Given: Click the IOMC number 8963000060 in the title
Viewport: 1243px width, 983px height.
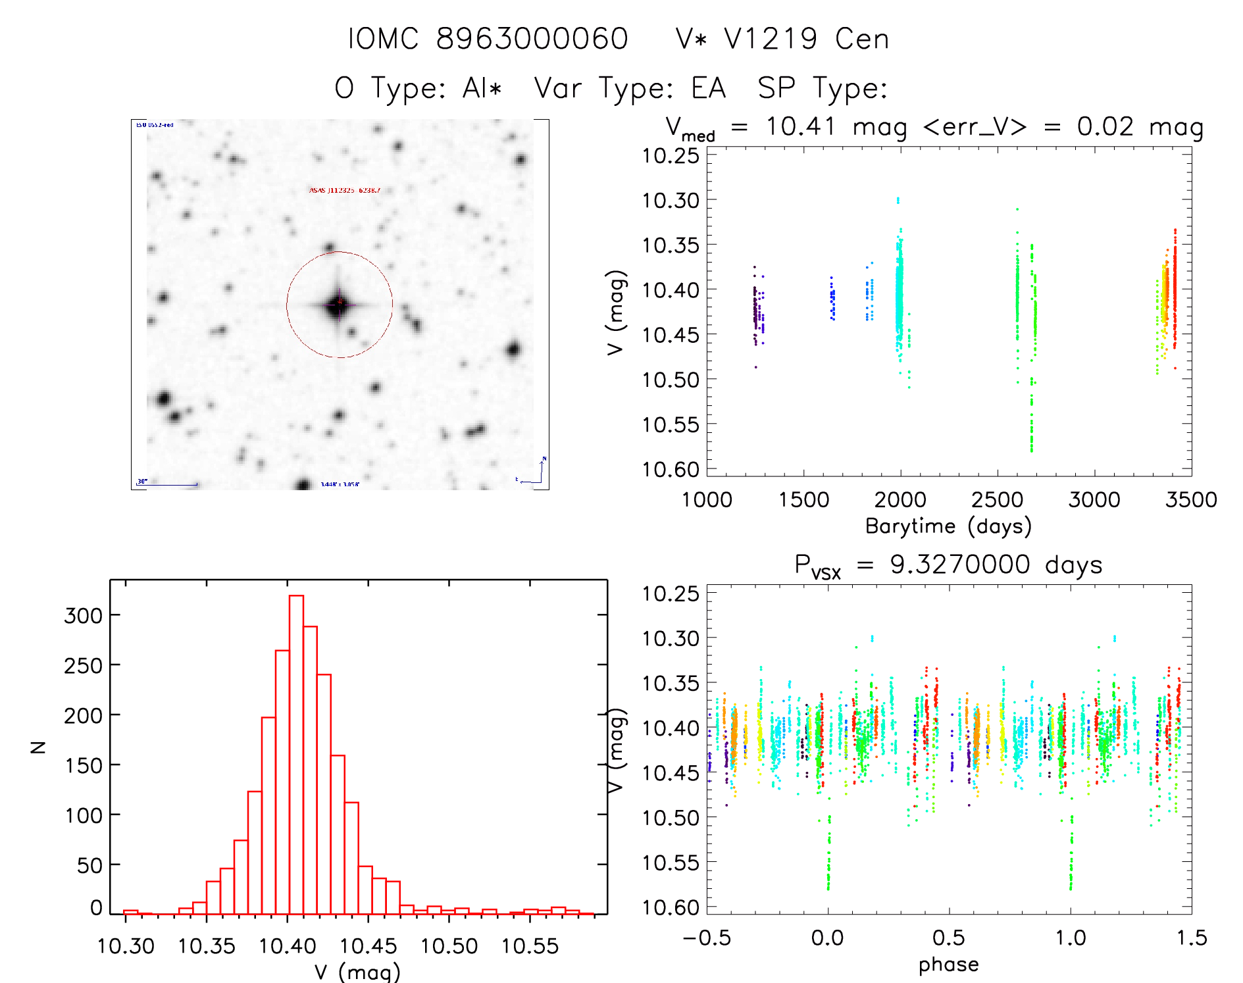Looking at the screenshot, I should [532, 39].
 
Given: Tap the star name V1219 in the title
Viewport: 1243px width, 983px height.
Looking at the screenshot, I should [771, 39].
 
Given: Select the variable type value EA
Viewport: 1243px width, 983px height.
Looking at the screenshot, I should [708, 88].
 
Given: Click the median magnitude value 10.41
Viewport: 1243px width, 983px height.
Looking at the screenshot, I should [800, 126].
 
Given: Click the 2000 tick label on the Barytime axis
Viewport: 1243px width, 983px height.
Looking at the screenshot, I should [900, 500].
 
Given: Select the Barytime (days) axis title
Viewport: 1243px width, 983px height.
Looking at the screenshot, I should [948, 526].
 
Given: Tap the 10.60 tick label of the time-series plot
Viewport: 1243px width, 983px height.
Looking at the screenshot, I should [671, 469].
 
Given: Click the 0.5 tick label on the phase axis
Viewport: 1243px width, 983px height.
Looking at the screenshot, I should [949, 938].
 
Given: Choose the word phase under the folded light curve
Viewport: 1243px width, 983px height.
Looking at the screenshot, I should [948, 965].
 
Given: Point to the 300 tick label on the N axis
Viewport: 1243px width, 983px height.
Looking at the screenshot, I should [83, 616].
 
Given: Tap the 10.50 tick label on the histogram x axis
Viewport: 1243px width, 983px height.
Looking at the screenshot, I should [449, 946].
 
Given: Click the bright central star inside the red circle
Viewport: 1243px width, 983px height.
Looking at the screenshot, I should [339, 305].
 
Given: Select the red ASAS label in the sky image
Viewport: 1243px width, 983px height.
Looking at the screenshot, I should [345, 190].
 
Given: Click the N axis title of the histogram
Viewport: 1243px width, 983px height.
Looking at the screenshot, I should [39, 747].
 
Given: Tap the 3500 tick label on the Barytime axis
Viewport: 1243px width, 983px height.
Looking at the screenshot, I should [1191, 500].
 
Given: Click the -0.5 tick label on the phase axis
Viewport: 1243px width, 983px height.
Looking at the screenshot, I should [707, 938].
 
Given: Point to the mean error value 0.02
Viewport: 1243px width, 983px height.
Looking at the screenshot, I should [1105, 126].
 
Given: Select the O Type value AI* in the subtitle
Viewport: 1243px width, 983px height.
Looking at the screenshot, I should [482, 88].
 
